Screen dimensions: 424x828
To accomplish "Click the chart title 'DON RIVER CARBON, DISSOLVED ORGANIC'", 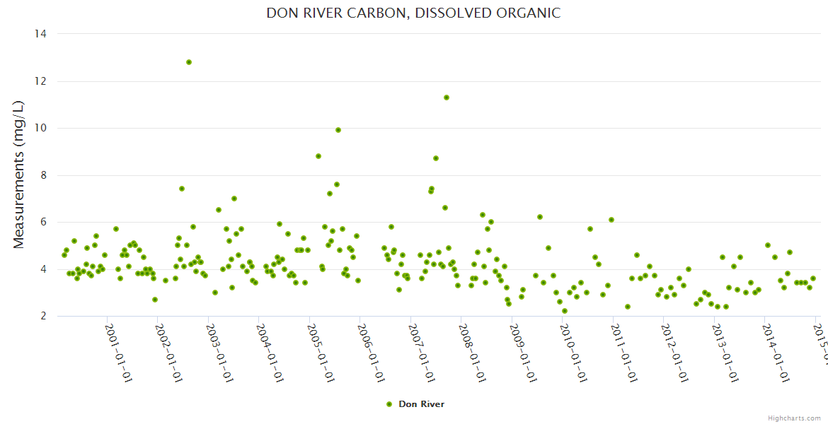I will click(x=413, y=13).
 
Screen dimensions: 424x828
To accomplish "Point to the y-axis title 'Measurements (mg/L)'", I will click(x=19, y=175).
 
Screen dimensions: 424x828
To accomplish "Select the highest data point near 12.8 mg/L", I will click(x=189, y=62).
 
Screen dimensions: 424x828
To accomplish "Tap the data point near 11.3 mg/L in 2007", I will click(x=447, y=98).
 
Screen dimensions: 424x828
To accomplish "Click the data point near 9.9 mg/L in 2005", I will click(x=338, y=130).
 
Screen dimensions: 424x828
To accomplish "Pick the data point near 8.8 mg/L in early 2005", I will click(x=318, y=156).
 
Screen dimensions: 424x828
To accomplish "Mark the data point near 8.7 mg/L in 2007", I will click(x=436, y=158).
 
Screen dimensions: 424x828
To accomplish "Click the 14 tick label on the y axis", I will click(x=40, y=34).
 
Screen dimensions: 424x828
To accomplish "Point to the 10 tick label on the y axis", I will click(x=40, y=128).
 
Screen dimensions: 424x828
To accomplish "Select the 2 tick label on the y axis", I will click(x=44, y=316).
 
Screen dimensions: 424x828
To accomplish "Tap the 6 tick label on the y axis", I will click(x=44, y=222).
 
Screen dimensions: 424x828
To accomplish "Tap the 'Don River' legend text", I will click(x=421, y=404).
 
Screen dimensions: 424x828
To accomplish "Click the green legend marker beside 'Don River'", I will click(x=389, y=404).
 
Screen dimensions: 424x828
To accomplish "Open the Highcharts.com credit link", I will click(x=794, y=418).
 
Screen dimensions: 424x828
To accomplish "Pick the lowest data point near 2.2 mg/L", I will click(x=565, y=311).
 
